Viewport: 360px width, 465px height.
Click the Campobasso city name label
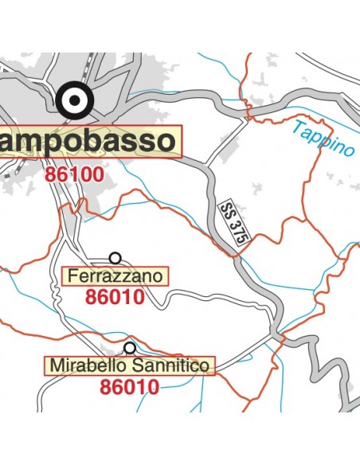(88, 142)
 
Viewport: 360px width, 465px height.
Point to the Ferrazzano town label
(115, 277)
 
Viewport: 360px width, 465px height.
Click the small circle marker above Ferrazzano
(115, 258)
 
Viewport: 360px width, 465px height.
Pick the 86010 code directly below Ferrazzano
(114, 298)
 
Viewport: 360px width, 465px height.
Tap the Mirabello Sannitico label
(130, 366)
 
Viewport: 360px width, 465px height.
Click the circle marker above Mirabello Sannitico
(130, 348)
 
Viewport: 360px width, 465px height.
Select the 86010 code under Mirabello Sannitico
(130, 388)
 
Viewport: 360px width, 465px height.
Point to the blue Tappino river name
(323, 139)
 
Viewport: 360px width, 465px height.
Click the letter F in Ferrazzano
(73, 277)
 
